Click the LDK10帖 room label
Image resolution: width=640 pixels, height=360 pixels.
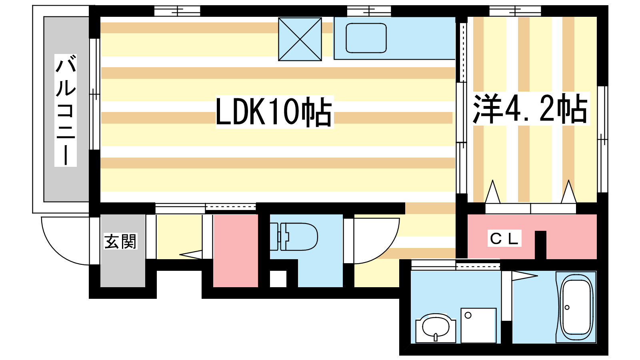[x=274, y=112]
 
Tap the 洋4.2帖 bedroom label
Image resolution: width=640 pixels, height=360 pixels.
[x=530, y=108]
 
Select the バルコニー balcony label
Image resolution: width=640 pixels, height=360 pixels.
[x=66, y=110]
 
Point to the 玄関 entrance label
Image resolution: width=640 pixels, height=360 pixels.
[x=120, y=242]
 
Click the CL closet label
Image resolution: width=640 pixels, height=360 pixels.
[x=504, y=238]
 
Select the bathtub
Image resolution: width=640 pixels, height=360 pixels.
[x=576, y=307]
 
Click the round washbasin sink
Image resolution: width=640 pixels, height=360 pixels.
[x=436, y=328]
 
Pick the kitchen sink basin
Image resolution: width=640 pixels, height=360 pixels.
[x=366, y=38]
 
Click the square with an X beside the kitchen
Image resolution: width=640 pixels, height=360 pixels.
[x=300, y=39]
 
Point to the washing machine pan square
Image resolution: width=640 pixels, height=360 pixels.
[x=478, y=326]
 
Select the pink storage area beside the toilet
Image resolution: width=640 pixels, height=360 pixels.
[x=236, y=250]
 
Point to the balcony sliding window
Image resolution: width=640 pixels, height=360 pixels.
[x=95, y=94]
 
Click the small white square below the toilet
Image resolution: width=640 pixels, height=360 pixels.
[x=278, y=279]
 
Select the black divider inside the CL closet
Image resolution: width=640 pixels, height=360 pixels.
[x=540, y=245]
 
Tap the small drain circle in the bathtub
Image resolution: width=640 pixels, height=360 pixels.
[x=567, y=308]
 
